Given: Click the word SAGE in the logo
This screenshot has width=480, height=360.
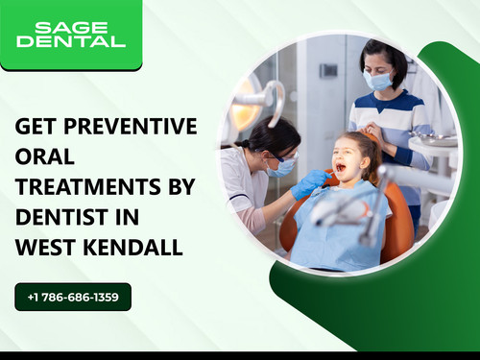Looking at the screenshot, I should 70,26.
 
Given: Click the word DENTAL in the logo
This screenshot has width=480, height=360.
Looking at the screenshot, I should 70,41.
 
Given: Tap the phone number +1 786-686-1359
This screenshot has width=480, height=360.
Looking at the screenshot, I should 73,298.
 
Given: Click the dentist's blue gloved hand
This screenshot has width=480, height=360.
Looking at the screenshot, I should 309,182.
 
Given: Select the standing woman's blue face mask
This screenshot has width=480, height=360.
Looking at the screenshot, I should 377,82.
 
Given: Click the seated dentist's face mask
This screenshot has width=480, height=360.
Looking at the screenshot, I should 280,167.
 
